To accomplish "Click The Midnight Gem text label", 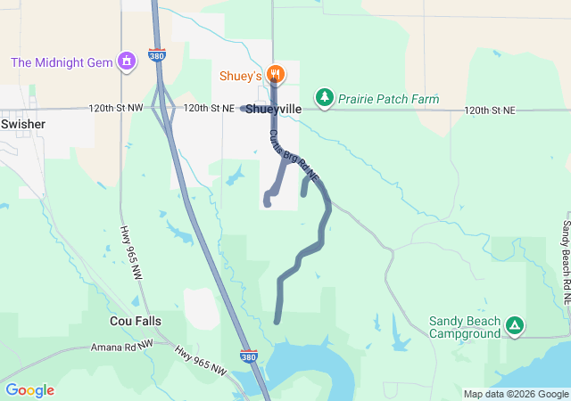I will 62,61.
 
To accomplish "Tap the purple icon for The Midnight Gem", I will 128,61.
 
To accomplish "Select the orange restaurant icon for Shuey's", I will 276,73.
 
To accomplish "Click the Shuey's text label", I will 242,73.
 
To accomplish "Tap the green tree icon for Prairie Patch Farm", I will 325,97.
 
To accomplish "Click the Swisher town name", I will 23,124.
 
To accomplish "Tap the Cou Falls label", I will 135,320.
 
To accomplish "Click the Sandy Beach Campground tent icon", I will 514,326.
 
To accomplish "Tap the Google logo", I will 29,390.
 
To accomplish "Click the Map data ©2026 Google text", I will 516,394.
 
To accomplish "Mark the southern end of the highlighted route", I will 277,321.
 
